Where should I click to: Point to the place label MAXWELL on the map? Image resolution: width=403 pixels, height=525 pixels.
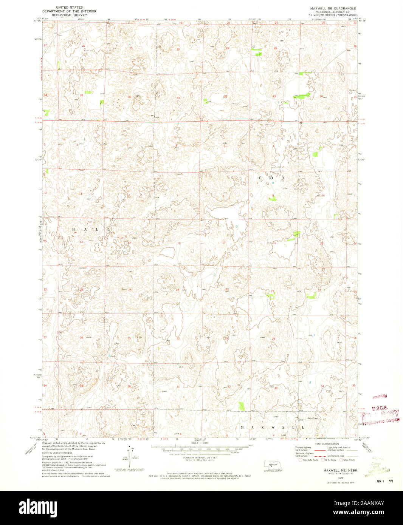[273, 427]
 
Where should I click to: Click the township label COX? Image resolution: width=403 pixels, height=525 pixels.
[271, 178]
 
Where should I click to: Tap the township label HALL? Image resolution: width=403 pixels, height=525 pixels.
[91, 229]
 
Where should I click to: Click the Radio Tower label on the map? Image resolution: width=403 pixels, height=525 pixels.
[301, 418]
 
